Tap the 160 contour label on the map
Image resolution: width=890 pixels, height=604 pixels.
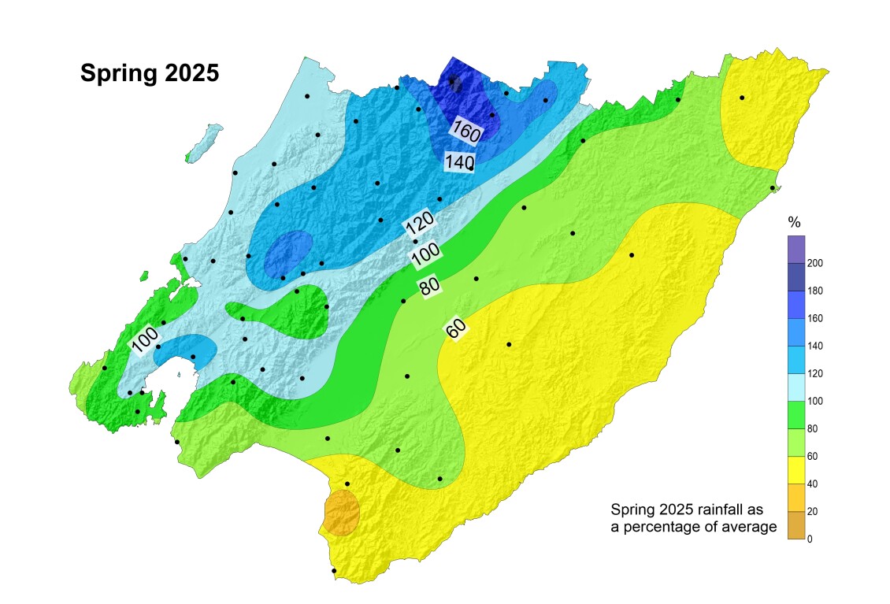[465, 130]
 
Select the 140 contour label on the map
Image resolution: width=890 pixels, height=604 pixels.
[458, 161]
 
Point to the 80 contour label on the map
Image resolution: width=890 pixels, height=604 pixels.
[429, 287]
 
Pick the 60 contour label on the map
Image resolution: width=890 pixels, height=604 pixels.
[454, 330]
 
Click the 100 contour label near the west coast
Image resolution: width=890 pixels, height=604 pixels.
[145, 342]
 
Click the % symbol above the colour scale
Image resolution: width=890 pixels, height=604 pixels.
[794, 223]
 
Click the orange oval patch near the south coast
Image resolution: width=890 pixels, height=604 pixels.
[343, 513]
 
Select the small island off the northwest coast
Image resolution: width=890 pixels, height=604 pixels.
[206, 141]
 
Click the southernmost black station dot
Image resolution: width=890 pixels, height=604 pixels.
[334, 571]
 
